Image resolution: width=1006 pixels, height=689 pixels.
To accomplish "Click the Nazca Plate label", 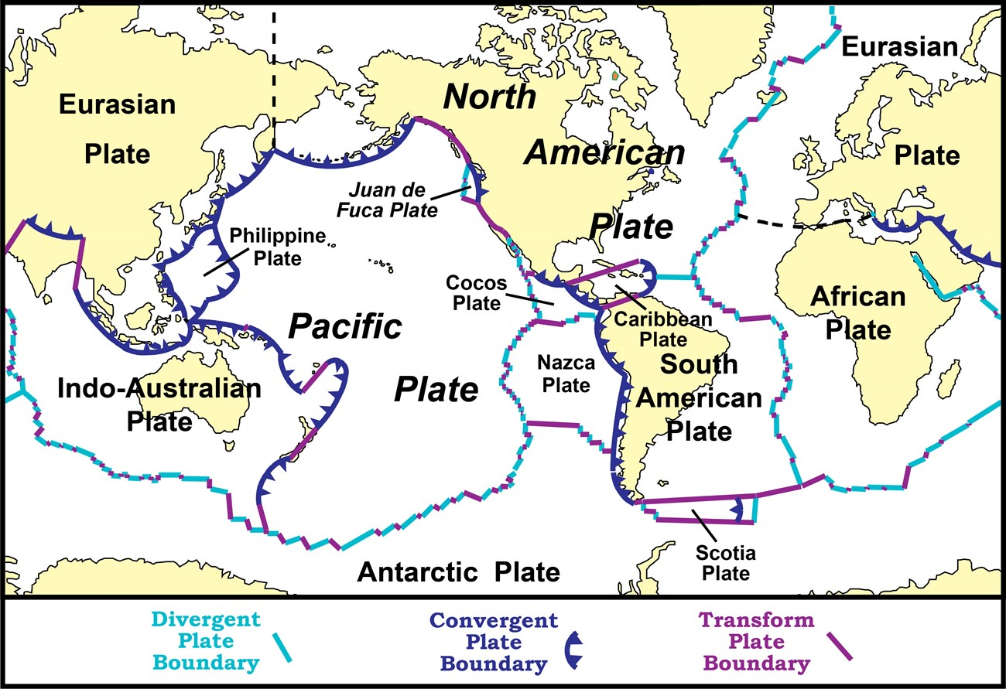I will tap(566, 373).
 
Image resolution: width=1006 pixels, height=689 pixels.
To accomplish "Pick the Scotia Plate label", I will tap(725, 563).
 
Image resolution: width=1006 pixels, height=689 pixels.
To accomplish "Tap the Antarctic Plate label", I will tap(458, 572).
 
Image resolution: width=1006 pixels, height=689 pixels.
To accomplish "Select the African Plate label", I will tap(857, 313).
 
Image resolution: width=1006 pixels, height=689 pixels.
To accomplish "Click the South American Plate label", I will tap(699, 397).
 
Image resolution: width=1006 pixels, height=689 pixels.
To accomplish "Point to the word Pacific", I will tap(345, 327).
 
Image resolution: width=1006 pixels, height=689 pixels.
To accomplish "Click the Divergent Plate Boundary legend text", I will tap(206, 641).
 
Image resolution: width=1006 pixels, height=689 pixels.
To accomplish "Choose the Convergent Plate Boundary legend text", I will tap(493, 642).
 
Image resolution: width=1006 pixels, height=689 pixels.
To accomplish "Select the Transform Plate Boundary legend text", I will tap(756, 641).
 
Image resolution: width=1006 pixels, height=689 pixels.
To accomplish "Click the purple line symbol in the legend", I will tap(840, 646).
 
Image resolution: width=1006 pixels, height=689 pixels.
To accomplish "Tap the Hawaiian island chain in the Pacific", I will tap(382, 264).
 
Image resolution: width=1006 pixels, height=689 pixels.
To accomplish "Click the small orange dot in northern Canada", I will tap(614, 77).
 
